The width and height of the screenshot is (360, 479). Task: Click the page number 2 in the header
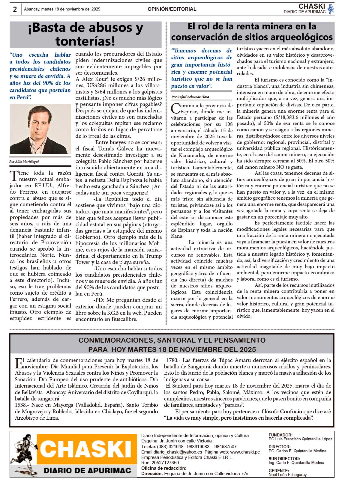coord(15,9)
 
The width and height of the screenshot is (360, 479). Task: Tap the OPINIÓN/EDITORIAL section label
coord(172,9)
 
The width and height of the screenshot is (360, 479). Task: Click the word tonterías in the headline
coord(85,41)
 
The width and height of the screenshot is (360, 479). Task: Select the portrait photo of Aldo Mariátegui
coord(40,129)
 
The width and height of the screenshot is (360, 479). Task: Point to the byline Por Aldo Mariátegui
coord(24,162)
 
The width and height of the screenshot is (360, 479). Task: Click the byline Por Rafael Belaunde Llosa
coord(190,97)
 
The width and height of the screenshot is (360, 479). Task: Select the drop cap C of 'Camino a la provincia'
coord(175,108)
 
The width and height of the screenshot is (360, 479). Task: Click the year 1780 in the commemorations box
coord(172,360)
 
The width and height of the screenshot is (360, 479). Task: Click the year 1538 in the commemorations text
coord(21,405)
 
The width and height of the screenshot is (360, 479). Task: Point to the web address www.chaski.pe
coord(245,452)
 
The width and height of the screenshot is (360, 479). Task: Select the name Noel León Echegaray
coord(288,475)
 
